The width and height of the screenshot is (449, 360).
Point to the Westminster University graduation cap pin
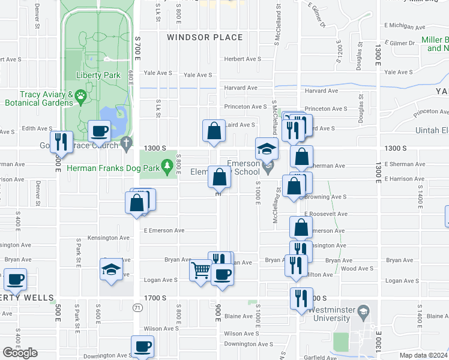pyautogui.click(x=363, y=312)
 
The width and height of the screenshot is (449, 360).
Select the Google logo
pyautogui.click(x=20, y=353)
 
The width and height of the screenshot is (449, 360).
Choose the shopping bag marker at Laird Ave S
pyautogui.click(x=214, y=130)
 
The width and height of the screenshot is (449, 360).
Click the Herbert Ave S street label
pyautogui.click(x=243, y=59)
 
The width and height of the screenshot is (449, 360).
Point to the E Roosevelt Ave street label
pyautogui.click(x=326, y=214)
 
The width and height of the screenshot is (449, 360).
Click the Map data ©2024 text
pyautogui.click(x=423, y=355)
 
